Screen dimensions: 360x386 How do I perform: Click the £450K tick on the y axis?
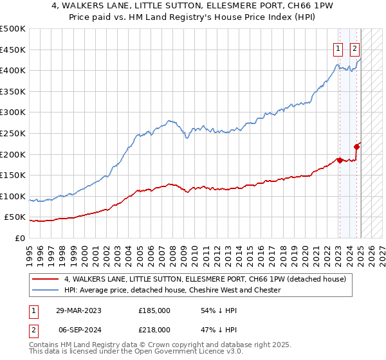[13, 50]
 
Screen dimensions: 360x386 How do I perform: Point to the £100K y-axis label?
[13, 196]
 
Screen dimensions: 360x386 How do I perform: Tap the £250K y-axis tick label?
[13, 133]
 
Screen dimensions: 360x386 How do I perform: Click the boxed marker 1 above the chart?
[338, 48]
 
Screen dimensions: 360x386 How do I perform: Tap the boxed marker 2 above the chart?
[355, 48]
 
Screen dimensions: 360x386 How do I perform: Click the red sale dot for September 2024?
[357, 146]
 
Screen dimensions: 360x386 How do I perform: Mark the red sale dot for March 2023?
[339, 160]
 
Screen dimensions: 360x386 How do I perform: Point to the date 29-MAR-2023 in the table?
[78, 310]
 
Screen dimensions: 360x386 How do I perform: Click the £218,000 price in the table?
[154, 329]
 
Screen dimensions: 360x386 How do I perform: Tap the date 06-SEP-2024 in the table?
[78, 329]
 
